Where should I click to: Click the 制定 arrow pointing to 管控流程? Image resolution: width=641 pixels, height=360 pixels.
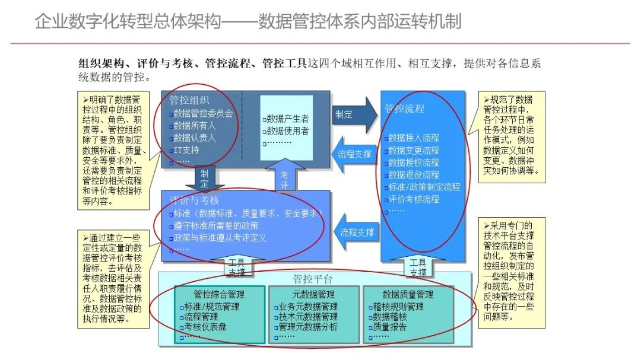[353, 114]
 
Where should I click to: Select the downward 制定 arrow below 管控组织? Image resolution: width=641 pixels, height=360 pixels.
[205, 177]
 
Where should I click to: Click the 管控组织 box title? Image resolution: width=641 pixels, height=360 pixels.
[189, 101]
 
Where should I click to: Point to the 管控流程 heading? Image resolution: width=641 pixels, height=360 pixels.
[404, 109]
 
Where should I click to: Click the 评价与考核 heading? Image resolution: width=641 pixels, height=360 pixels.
[195, 200]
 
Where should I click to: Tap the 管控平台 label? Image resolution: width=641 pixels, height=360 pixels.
[313, 279]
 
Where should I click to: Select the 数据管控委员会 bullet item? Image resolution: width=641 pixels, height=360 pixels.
[203, 113]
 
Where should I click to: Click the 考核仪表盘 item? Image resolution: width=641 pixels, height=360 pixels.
[205, 326]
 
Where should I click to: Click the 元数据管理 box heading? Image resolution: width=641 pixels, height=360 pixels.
[314, 294]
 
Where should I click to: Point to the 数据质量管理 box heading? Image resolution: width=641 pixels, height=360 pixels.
[408, 294]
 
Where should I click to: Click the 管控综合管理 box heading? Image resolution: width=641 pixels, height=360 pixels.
[219, 294]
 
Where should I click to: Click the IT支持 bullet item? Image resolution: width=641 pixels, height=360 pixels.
[187, 149]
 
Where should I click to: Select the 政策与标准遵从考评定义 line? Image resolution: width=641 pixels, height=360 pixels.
[220, 238]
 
